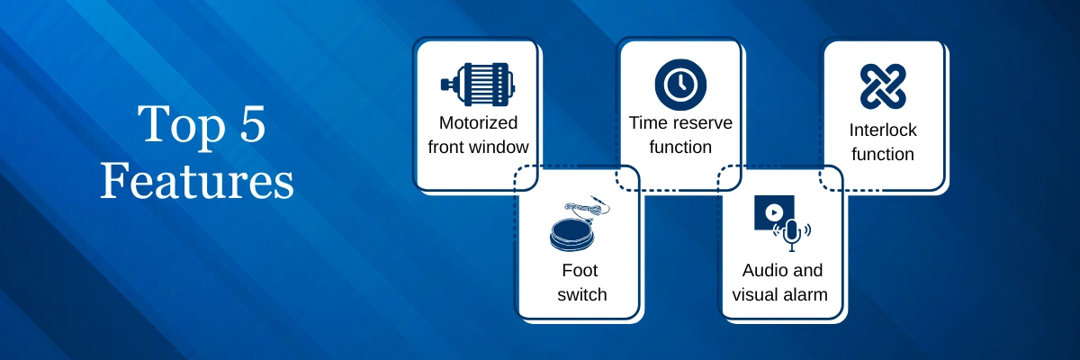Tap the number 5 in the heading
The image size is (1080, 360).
(x=253, y=123)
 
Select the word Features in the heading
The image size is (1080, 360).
(x=197, y=181)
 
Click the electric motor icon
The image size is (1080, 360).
(x=478, y=85)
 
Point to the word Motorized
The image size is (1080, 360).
(x=478, y=123)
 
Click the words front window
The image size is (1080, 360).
(x=478, y=147)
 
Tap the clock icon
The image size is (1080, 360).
(x=680, y=85)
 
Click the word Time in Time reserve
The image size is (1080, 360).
(x=651, y=123)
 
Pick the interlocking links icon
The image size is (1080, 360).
(x=883, y=86)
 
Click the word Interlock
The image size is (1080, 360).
(x=883, y=130)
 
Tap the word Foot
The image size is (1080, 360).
(x=580, y=270)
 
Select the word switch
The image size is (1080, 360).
(x=582, y=294)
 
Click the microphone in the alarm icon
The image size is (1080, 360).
(x=791, y=234)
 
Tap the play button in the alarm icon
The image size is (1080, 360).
(x=774, y=212)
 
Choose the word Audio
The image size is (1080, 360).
(x=760, y=270)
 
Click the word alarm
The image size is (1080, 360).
(x=806, y=294)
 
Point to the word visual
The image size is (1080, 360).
(x=756, y=294)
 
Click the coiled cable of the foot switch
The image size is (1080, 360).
(x=587, y=207)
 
